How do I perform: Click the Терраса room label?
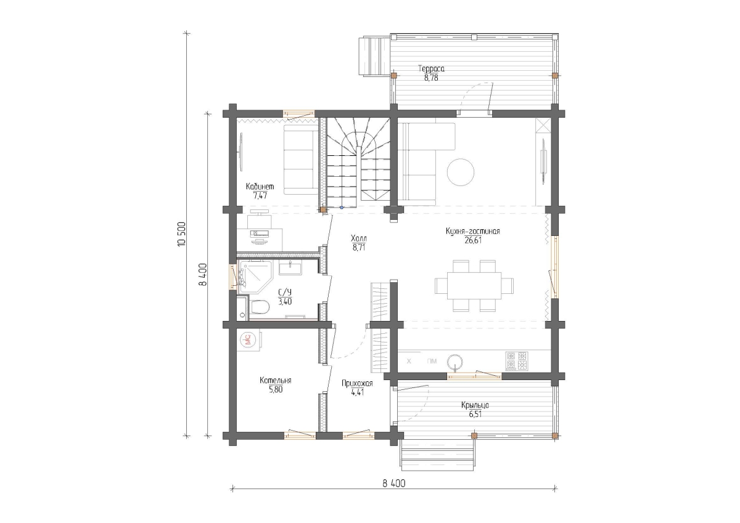click(x=431, y=69)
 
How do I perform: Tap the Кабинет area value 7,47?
click(x=260, y=196)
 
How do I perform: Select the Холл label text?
click(x=359, y=238)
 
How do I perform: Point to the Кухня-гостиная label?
click(x=473, y=231)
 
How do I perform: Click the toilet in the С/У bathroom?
click(x=260, y=307)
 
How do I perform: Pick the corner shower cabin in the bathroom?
click(x=254, y=276)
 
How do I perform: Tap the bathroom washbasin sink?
click(x=290, y=267)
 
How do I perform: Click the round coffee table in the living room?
click(x=461, y=172)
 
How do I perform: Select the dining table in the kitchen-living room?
click(x=474, y=285)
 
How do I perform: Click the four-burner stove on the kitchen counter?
click(x=516, y=360)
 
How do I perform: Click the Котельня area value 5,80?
click(x=276, y=390)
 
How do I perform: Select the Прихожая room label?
click(x=357, y=383)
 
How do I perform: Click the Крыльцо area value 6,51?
click(x=475, y=415)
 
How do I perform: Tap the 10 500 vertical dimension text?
click(x=182, y=234)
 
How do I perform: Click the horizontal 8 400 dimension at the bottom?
click(x=394, y=484)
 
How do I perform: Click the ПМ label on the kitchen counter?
click(x=432, y=362)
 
